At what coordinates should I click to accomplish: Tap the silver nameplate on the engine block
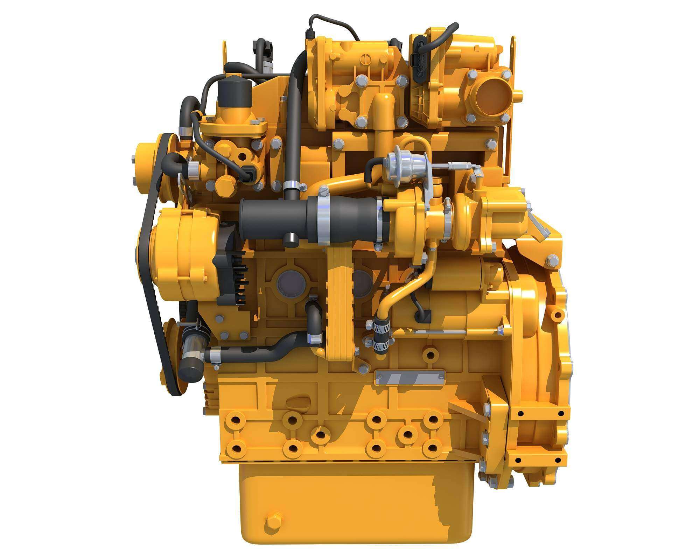point(410,378)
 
